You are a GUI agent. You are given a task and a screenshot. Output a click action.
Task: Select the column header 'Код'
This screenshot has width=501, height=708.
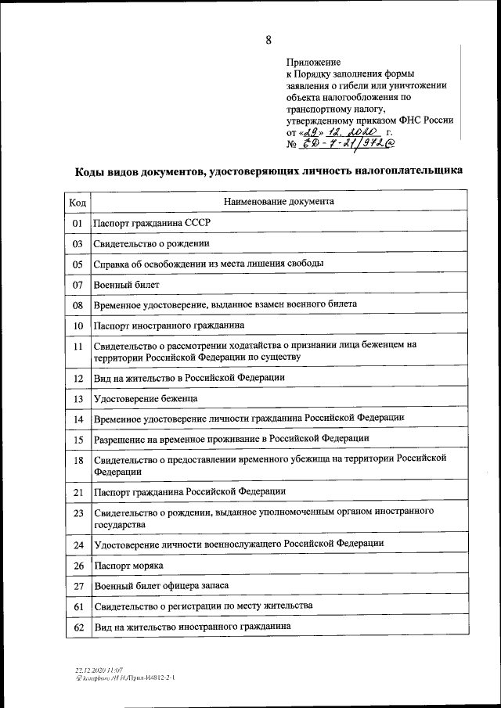point(77,202)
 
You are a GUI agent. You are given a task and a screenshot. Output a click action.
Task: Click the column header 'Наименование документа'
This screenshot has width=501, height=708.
point(279,202)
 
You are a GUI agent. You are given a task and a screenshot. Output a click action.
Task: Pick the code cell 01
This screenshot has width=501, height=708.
point(77,223)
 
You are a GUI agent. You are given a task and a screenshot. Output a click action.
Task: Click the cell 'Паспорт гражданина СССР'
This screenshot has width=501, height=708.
point(151,223)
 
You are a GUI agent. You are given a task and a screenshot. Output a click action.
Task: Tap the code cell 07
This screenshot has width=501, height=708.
point(77,284)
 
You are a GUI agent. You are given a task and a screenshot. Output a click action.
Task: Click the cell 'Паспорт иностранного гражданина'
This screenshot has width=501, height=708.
point(168,325)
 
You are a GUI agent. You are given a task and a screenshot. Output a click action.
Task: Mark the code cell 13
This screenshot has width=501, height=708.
point(77,399)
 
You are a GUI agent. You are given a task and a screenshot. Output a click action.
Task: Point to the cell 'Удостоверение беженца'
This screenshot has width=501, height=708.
point(145,399)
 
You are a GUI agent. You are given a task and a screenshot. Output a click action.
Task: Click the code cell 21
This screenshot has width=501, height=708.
point(77,492)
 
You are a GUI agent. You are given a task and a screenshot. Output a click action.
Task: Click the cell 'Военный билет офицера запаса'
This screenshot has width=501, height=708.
point(160,585)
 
